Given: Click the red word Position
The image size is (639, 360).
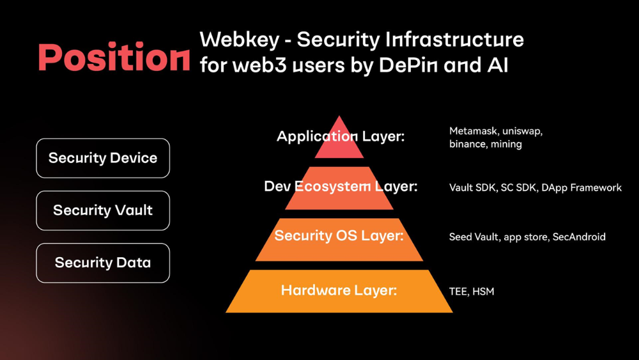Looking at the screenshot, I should [x=114, y=57].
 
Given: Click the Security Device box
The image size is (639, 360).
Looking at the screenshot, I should [x=103, y=158].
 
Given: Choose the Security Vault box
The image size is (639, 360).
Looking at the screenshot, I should [x=103, y=210].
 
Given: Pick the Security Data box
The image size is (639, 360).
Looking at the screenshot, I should [x=103, y=263].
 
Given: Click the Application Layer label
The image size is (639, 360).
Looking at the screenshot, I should [x=341, y=136].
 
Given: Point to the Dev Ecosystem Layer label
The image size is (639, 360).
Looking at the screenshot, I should [x=341, y=187].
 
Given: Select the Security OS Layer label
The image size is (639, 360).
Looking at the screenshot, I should [x=339, y=236].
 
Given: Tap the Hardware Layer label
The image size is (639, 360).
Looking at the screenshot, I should [x=339, y=290].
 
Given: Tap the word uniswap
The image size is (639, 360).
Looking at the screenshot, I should [x=523, y=131].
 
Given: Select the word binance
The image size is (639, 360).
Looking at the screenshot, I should [x=468, y=145].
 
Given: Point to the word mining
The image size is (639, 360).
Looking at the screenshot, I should [x=506, y=145].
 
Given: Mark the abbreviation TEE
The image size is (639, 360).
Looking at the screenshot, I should [x=458, y=292].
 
